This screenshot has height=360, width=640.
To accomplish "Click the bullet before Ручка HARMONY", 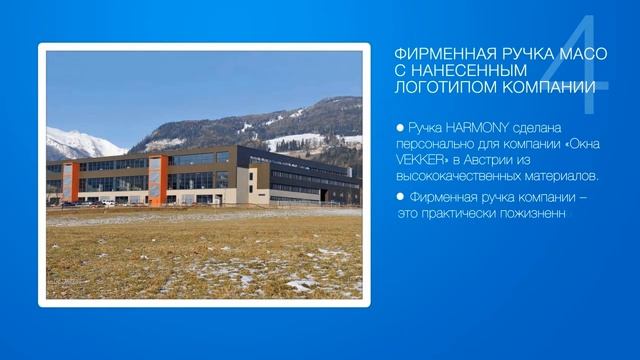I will click(x=400, y=129).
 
